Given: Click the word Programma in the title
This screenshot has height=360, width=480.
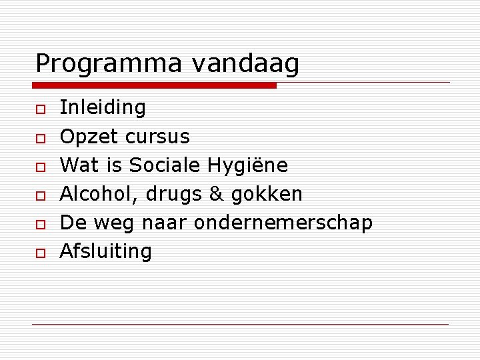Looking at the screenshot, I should click(109, 65).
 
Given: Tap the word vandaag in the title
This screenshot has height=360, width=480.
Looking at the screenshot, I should click(245, 65).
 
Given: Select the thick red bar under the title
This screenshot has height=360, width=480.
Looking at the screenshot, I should click(155, 85).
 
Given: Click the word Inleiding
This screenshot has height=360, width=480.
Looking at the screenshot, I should click(103, 107).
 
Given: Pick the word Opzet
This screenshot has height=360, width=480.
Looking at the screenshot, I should click(83, 137).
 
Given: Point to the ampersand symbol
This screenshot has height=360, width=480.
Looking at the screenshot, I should click(216, 194).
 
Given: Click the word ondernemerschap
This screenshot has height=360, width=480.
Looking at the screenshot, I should click(283, 223).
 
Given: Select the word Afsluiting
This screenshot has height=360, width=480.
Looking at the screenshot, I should click(106, 251).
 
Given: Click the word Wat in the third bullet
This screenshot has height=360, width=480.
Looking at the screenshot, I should click(76, 165).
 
